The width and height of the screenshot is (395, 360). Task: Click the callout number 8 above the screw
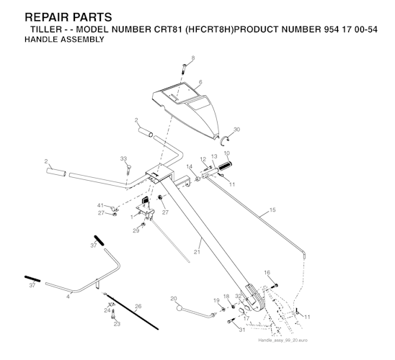[x=193, y=58]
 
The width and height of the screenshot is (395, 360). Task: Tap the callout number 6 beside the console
[x=200, y=82]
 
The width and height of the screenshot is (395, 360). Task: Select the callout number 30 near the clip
[x=237, y=130]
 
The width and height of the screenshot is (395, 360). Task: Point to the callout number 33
[x=123, y=158]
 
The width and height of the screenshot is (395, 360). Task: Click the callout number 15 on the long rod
[x=272, y=210]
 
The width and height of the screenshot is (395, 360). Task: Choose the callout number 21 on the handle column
[x=197, y=252]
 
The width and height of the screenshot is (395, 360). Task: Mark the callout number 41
[x=101, y=205]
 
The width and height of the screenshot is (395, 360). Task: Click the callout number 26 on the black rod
[x=138, y=306]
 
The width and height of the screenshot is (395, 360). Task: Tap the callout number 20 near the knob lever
[x=174, y=299]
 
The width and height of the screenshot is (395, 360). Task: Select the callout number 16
[x=267, y=272]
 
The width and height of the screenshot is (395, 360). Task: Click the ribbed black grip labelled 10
[x=225, y=166]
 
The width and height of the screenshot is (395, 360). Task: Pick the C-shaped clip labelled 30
[x=224, y=139]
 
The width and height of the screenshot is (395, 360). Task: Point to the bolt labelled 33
[x=129, y=169]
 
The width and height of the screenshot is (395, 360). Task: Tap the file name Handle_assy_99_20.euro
[x=283, y=341]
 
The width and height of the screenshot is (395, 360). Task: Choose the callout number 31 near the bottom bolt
[x=242, y=330]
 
